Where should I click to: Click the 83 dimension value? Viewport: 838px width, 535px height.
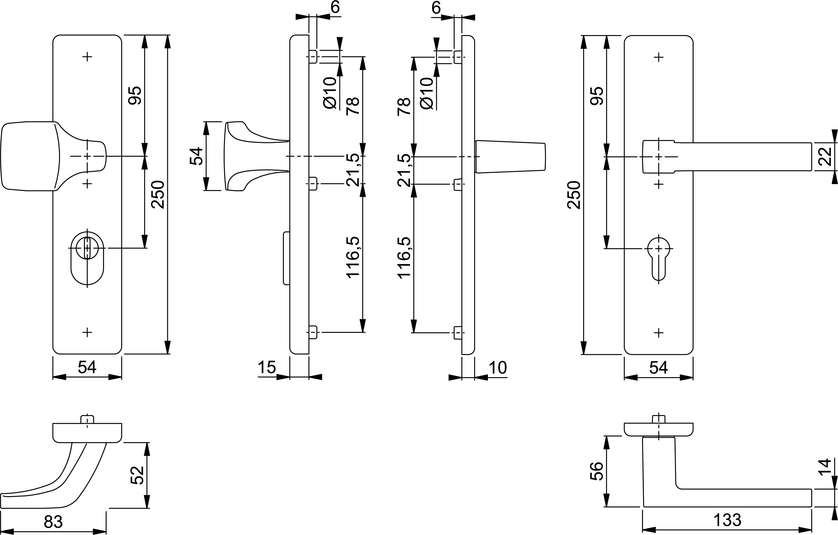pos(53,521)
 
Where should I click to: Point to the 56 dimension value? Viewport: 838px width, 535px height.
pos(596,471)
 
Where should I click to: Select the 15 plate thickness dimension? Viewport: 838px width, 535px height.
pos(267,367)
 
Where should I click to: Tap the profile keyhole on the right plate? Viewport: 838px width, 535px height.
pos(658,258)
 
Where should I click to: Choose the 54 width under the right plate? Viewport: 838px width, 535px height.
pos(658,367)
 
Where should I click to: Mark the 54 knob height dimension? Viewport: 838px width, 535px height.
pos(196,156)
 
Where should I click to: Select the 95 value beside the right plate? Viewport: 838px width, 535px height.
pos(597,96)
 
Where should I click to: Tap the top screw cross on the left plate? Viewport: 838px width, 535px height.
pos(87,56)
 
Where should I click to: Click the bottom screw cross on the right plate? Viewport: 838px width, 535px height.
pos(658,333)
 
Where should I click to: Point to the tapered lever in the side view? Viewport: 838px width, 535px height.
pos(510,157)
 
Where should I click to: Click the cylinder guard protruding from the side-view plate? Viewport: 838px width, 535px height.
pos(286,258)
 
